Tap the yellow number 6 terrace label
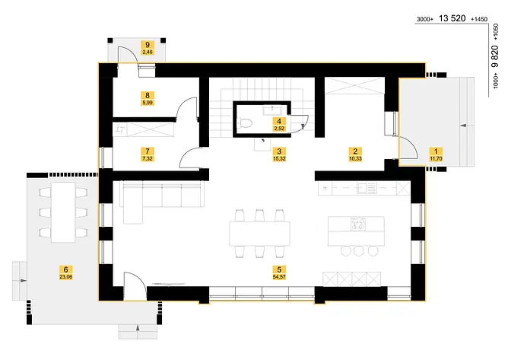click(x=66, y=269)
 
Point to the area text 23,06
click(x=66, y=277)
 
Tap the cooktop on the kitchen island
click(x=357, y=224)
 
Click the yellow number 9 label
click(x=148, y=44)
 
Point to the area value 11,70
click(x=435, y=158)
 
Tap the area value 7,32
click(x=148, y=158)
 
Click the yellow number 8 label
click(x=148, y=94)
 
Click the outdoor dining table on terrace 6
click(x=63, y=212)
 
